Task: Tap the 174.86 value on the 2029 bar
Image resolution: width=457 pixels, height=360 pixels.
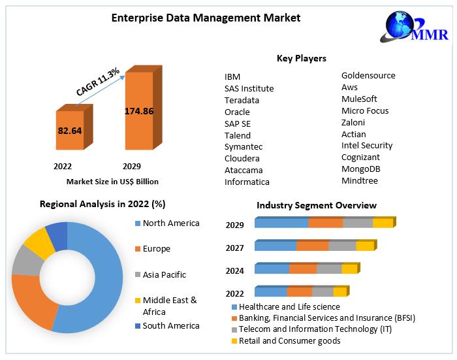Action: pyautogui.click(x=138, y=111)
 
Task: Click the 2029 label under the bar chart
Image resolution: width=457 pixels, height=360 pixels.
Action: pyautogui.click(x=132, y=166)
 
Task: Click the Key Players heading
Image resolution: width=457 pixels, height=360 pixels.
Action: pyautogui.click(x=302, y=59)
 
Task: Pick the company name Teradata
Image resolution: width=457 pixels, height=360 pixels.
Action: pyautogui.click(x=242, y=100)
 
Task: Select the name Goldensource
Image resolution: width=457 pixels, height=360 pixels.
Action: pyautogui.click(x=368, y=75)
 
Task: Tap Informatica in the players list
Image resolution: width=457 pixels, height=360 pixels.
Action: pyautogui.click(x=247, y=182)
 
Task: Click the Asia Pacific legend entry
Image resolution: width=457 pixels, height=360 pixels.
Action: pyautogui.click(x=164, y=274)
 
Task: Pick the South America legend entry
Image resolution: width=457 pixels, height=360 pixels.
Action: pyautogui.click(x=171, y=325)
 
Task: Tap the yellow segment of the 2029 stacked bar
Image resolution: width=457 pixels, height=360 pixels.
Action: pyautogui.click(x=383, y=223)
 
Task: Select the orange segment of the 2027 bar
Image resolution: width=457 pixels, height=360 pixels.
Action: pyautogui.click(x=312, y=246)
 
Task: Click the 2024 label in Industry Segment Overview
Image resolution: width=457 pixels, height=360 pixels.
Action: pyautogui.click(x=235, y=270)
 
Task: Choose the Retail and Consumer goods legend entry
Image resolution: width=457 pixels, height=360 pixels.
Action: pyautogui.click(x=289, y=340)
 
